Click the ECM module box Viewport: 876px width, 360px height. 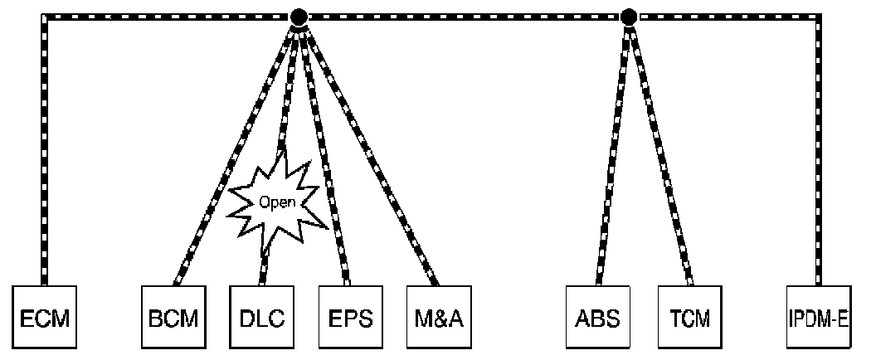[45, 318]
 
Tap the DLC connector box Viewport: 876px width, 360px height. [261, 318]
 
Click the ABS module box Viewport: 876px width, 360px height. [596, 318]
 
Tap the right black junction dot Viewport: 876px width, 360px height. [629, 16]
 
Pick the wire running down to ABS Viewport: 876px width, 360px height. [613, 149]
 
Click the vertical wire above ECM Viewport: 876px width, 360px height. [44, 149]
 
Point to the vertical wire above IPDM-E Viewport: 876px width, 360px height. [820, 149]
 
